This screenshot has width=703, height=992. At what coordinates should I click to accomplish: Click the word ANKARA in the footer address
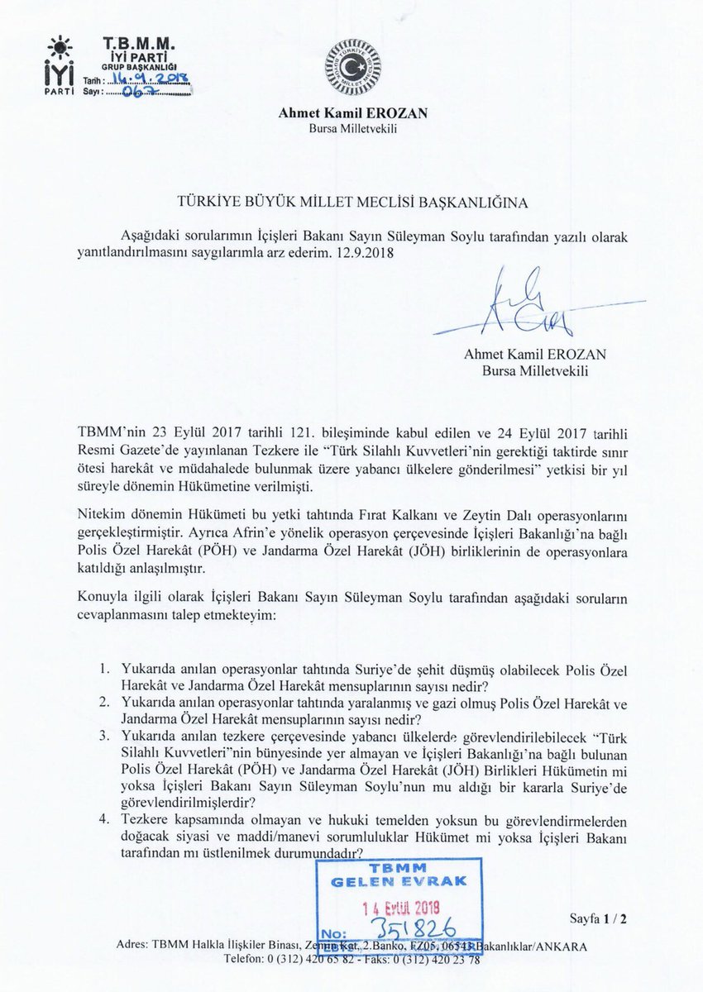point(562,947)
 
